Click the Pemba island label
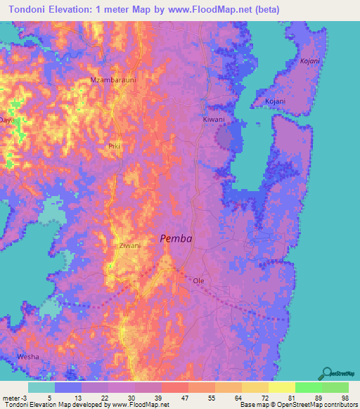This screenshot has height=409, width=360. (x=176, y=238)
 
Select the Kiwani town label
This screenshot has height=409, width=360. (x=214, y=119)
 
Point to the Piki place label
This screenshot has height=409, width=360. (x=115, y=146)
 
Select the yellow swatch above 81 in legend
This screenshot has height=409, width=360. (x=281, y=387)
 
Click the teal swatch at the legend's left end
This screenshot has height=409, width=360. (x=41, y=387)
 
